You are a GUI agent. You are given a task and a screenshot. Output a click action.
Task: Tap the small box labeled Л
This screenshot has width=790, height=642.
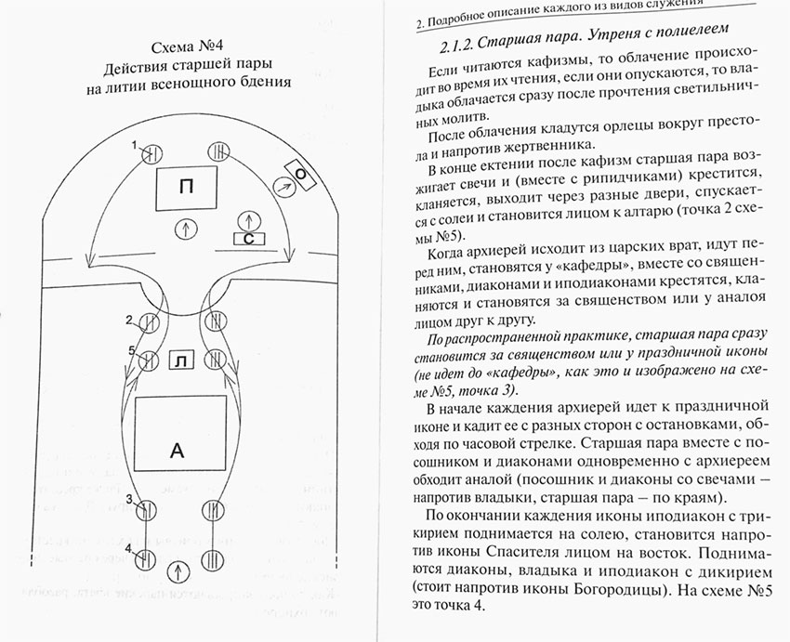[181, 360]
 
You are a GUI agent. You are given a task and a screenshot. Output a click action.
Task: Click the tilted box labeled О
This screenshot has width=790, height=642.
[301, 174]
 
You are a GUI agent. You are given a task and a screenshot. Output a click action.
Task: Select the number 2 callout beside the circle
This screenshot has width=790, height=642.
[130, 320]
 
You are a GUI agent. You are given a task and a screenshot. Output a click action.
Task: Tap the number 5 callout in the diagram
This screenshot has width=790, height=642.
[132, 350]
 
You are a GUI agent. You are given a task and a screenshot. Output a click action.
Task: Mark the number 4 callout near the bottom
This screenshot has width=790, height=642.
[130, 547]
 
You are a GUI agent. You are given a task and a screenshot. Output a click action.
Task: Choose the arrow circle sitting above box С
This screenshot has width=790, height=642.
[248, 220]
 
